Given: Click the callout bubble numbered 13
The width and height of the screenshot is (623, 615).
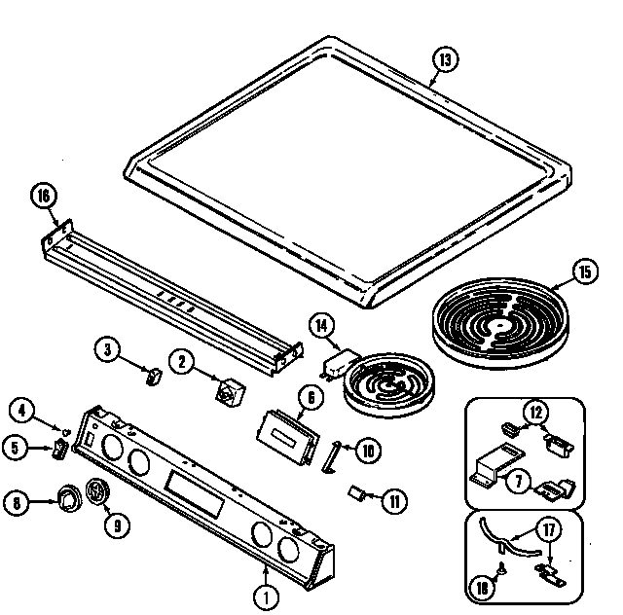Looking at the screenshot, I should click(444, 61).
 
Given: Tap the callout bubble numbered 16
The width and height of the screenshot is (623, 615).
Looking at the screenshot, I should click(42, 197).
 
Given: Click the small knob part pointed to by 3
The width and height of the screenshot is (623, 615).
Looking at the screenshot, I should click(152, 376).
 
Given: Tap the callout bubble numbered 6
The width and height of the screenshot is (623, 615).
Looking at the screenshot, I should click(311, 397).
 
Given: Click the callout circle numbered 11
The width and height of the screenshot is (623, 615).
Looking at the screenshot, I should click(394, 502).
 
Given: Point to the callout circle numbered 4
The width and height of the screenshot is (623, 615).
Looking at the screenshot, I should click(23, 409).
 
